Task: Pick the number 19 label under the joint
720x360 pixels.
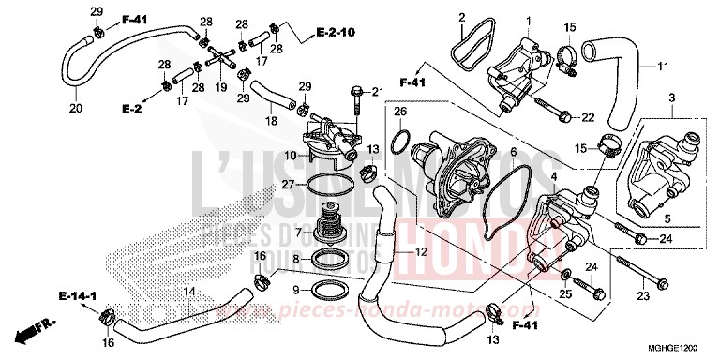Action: point(222,86)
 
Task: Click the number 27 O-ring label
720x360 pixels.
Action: point(288,185)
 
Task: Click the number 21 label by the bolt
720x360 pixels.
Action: point(379,91)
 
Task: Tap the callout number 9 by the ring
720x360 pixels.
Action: point(297,290)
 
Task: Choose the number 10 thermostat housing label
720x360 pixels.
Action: point(291,154)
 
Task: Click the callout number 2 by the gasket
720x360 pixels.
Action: point(462,18)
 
